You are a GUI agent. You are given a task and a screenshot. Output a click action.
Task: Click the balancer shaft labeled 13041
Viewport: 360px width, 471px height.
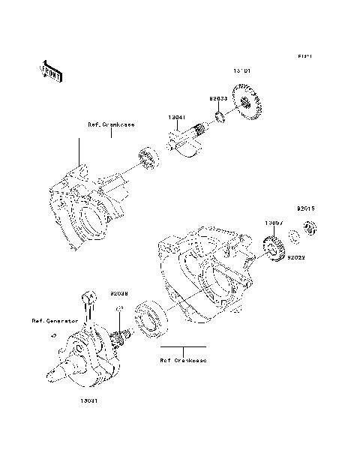(187, 141)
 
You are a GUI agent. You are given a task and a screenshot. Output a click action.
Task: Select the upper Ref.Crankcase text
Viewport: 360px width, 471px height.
(110, 124)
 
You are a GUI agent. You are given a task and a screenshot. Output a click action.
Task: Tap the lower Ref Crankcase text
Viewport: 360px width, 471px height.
(183, 360)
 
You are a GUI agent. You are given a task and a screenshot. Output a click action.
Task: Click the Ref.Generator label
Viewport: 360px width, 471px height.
(55, 320)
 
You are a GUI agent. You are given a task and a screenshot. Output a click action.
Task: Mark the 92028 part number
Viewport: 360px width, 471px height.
(120, 292)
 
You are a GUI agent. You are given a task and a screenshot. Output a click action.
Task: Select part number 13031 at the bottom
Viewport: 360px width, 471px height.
(89, 400)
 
